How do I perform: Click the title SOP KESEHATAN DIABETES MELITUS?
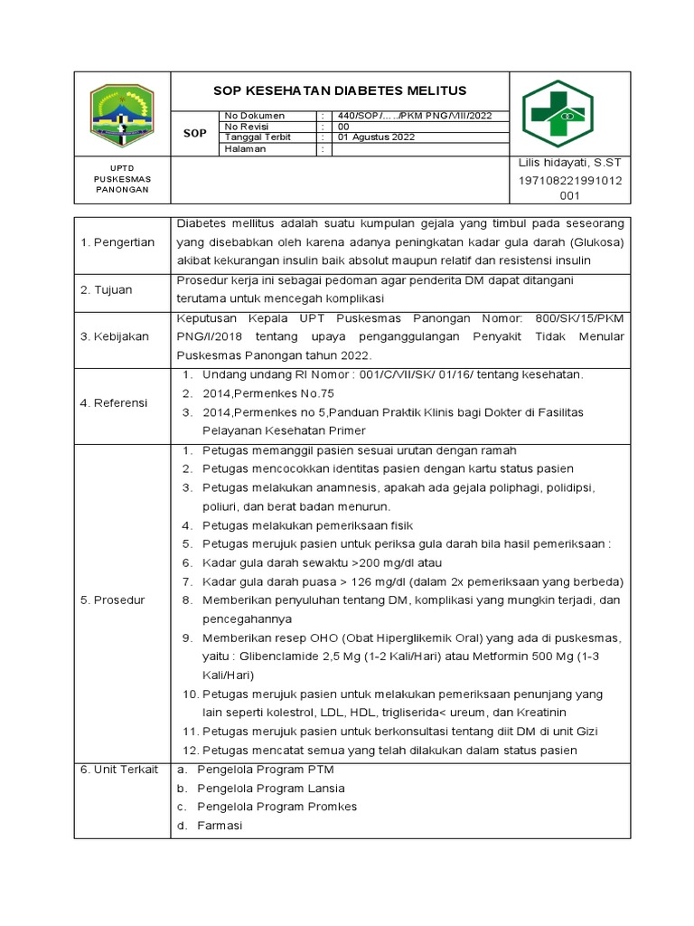(x=340, y=90)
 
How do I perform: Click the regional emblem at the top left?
(x=121, y=114)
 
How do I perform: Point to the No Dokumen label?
(x=255, y=116)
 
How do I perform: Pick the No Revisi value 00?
(x=343, y=127)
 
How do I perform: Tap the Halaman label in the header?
(x=246, y=149)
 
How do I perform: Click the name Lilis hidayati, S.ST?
(x=569, y=162)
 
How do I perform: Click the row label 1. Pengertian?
(x=119, y=241)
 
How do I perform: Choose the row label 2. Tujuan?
(x=107, y=289)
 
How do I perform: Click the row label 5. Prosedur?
(x=114, y=600)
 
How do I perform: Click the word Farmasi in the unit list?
(x=220, y=826)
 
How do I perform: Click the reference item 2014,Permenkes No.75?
(x=268, y=393)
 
